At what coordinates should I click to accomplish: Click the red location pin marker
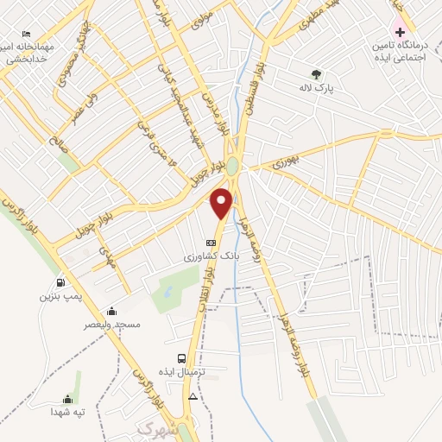pos(222,203)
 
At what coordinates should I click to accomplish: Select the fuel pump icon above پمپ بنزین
pos(60,282)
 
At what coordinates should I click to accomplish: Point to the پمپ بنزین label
pos(60,296)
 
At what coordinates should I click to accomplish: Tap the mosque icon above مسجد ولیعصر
pos(110,311)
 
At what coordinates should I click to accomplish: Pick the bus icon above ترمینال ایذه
pos(181,357)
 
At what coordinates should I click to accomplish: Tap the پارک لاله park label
pos(317,88)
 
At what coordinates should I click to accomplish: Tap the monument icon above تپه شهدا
pos(67,398)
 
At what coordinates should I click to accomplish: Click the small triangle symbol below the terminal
pos(193,396)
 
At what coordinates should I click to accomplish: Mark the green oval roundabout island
pos(232,164)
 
